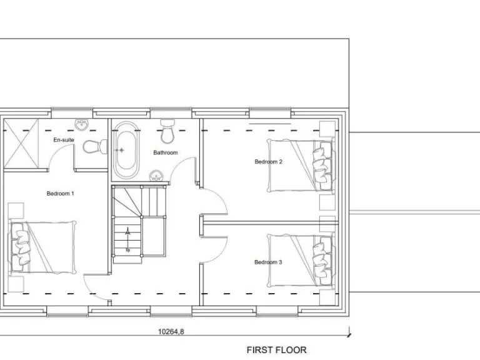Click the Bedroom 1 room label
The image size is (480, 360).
point(61,193)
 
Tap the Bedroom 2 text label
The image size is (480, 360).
point(268,162)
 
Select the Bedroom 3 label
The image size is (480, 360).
point(268,262)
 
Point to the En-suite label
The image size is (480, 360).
point(64,141)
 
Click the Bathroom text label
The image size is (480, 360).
point(166,152)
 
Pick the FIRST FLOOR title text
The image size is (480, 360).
point(276,350)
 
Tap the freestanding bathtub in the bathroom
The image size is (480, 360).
point(125,150)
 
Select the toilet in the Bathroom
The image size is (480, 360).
point(167,131)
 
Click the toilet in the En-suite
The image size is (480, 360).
point(92,147)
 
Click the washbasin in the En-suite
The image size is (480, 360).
point(81,124)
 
